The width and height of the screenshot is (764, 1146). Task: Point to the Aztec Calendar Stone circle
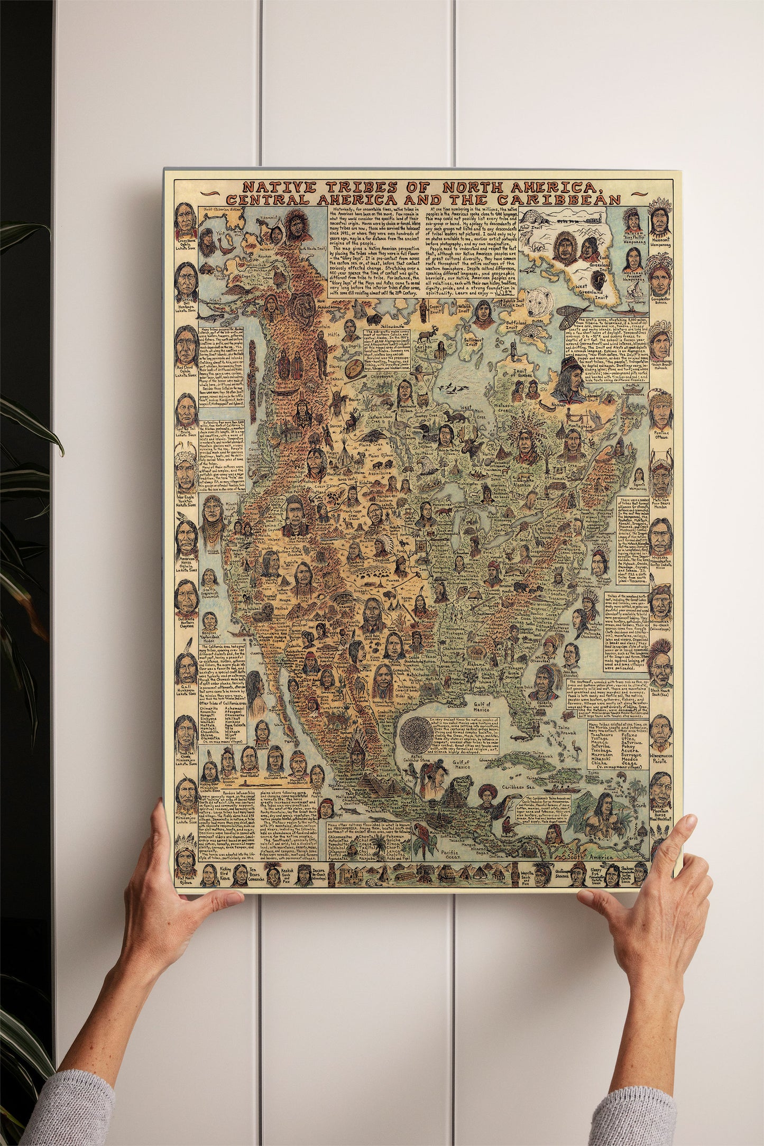[416, 735]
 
